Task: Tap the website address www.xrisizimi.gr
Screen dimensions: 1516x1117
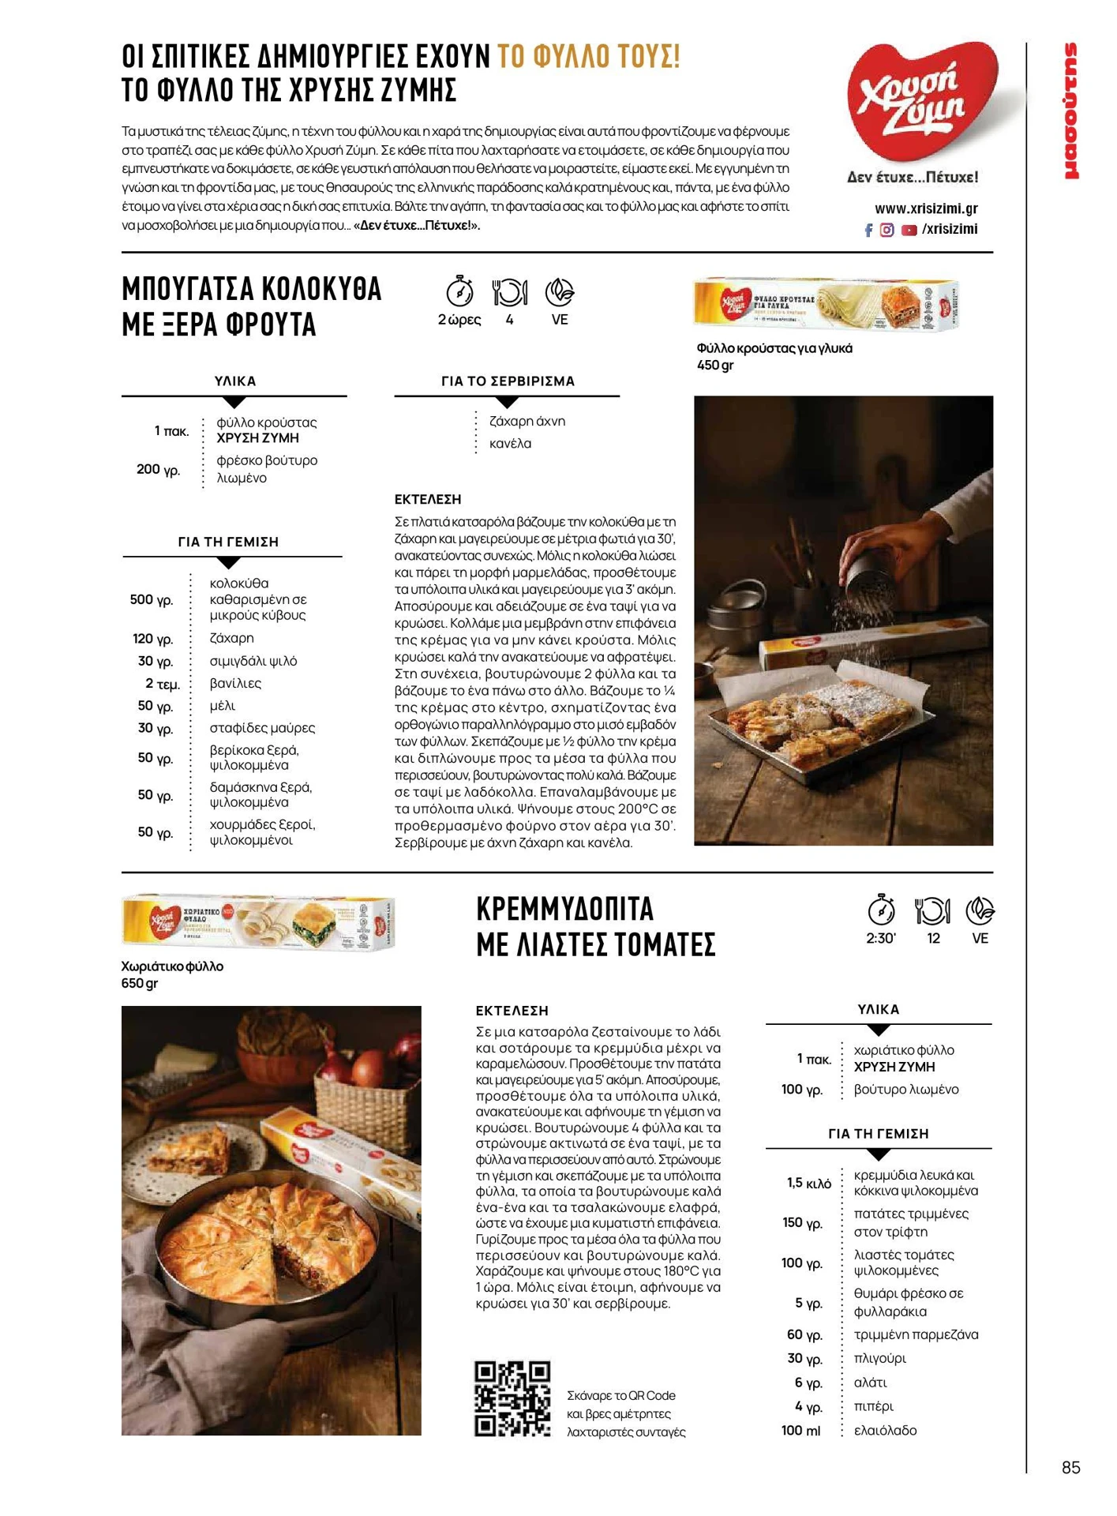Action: tap(925, 208)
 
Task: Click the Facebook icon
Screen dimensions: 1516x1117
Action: tap(868, 230)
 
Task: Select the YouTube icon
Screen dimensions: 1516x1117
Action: tap(909, 230)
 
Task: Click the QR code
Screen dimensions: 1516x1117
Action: tap(512, 1398)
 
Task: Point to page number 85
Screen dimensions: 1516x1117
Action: tap(1070, 1467)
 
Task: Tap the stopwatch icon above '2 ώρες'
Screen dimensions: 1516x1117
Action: tap(459, 291)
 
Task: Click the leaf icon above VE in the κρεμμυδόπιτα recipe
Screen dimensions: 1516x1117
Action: tap(980, 910)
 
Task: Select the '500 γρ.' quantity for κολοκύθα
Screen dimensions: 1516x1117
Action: tap(152, 600)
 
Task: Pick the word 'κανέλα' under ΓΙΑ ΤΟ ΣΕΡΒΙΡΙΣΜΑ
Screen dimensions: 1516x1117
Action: tap(510, 444)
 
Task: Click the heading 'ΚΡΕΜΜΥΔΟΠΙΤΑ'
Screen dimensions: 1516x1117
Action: tap(565, 909)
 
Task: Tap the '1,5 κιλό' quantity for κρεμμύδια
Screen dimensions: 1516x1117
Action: tap(808, 1183)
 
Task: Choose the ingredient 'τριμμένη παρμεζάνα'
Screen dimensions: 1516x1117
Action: tap(916, 1334)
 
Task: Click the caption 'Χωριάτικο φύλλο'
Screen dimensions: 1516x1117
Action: tap(172, 966)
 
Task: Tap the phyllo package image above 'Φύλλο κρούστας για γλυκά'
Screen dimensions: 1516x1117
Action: tap(825, 304)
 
